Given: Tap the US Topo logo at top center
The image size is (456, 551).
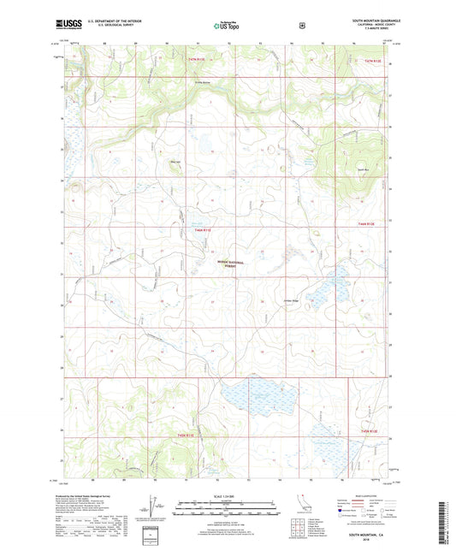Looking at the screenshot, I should coord(228,27).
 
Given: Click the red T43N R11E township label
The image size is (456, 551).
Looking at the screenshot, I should coord(198,59).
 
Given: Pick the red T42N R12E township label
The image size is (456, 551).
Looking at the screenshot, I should coord(367,225).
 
